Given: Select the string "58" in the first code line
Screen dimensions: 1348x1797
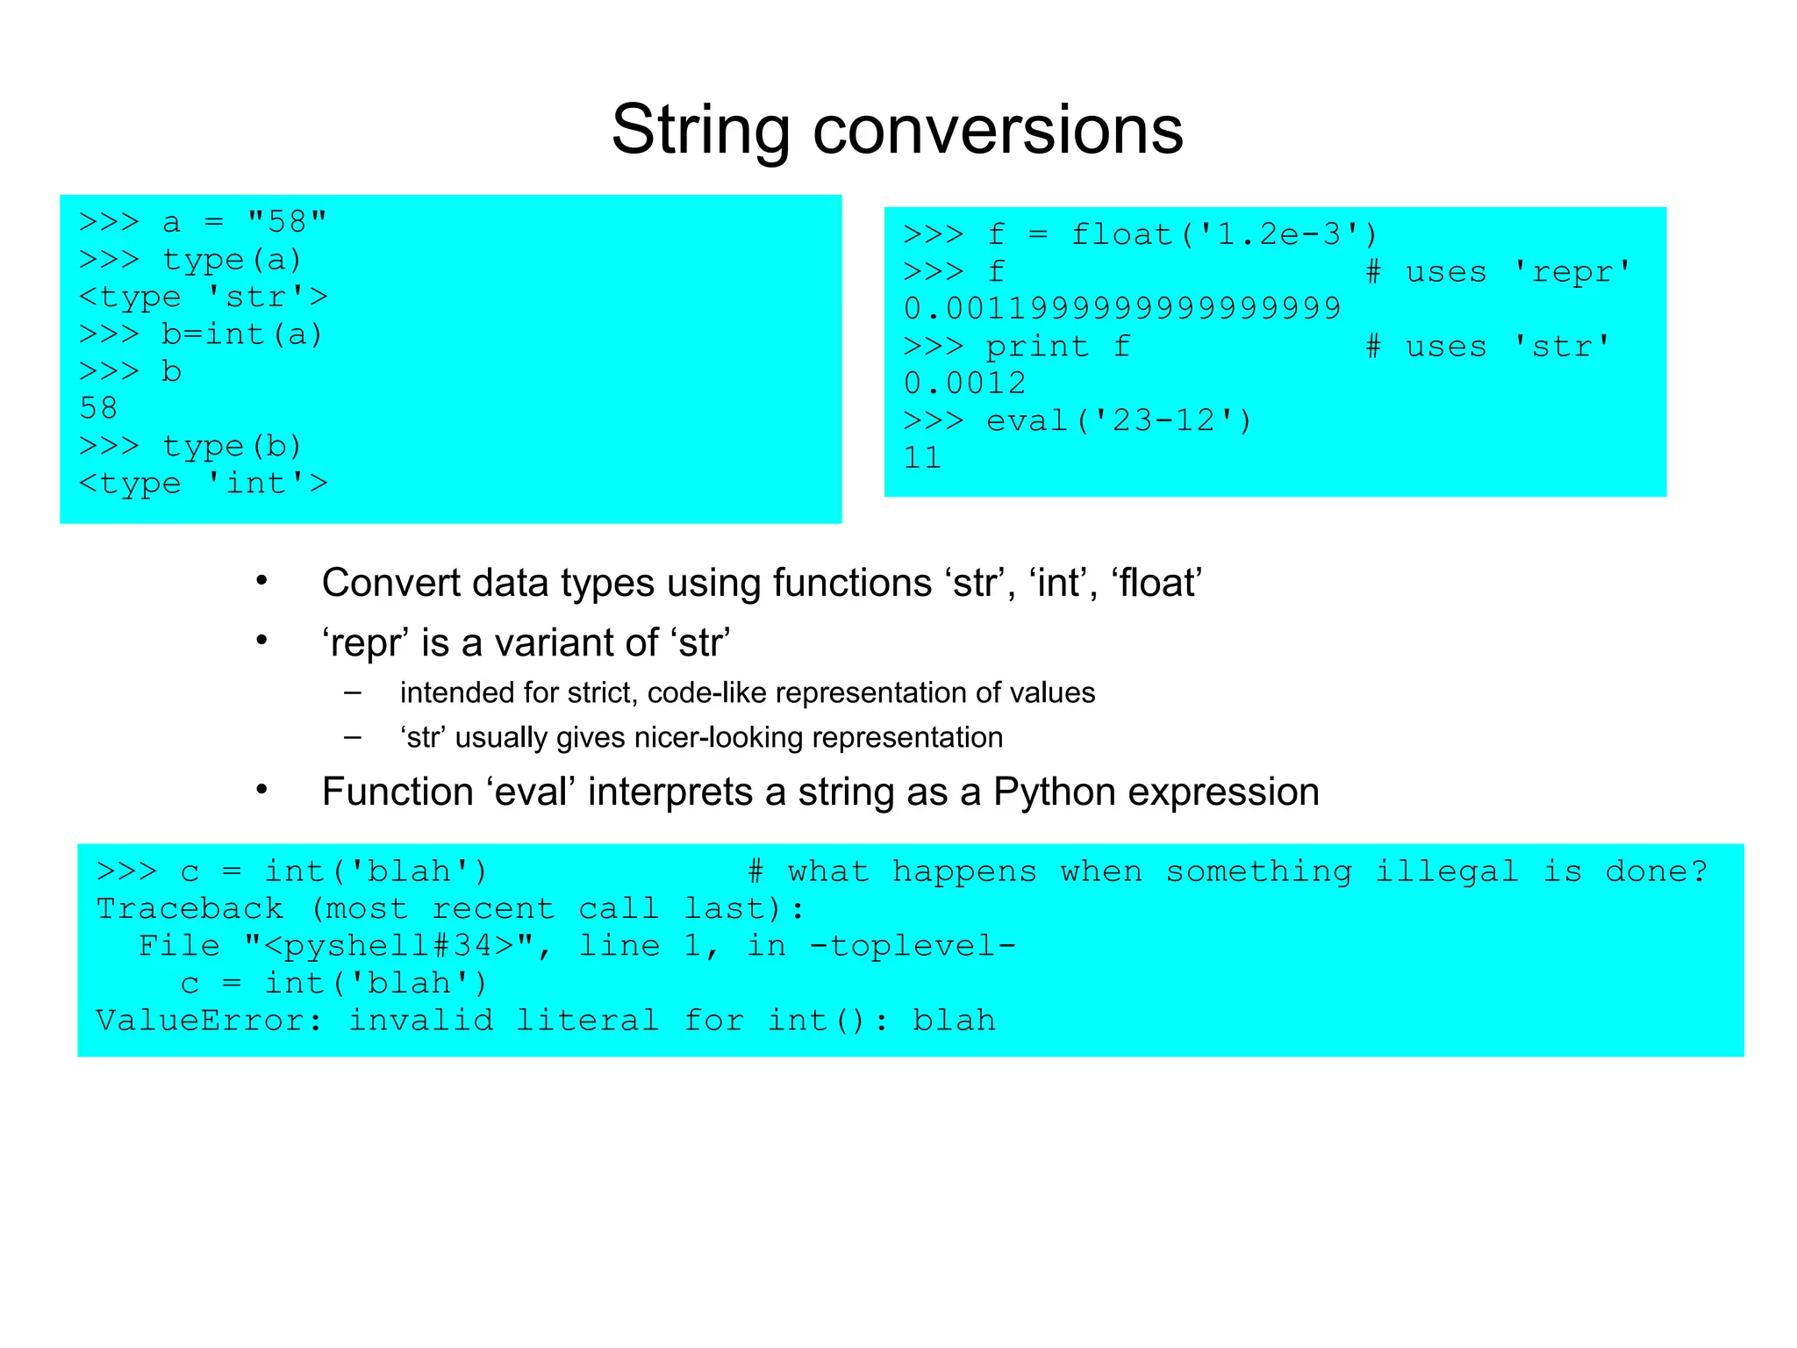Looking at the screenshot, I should (287, 221).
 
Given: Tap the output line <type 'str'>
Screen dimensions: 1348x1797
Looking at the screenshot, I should (203, 297).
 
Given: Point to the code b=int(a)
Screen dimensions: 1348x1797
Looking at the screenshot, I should (242, 334).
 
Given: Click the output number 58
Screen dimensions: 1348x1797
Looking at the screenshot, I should (97, 408).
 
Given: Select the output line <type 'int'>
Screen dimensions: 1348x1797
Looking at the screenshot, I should (203, 483).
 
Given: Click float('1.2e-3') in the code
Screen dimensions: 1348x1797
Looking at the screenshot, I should (1225, 234).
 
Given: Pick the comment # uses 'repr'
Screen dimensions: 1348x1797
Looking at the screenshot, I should (1499, 272).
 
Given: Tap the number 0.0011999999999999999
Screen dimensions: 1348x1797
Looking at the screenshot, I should (1122, 308).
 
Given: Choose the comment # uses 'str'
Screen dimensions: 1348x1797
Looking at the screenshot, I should (1488, 347).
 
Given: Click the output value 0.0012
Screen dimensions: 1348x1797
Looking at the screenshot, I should (964, 384).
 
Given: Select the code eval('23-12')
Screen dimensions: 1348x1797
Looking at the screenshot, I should (1119, 421).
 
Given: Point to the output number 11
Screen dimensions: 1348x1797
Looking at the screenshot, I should (922, 458).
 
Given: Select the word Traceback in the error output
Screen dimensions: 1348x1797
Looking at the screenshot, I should (190, 908).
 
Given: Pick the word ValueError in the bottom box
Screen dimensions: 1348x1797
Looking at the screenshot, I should (201, 1021).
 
